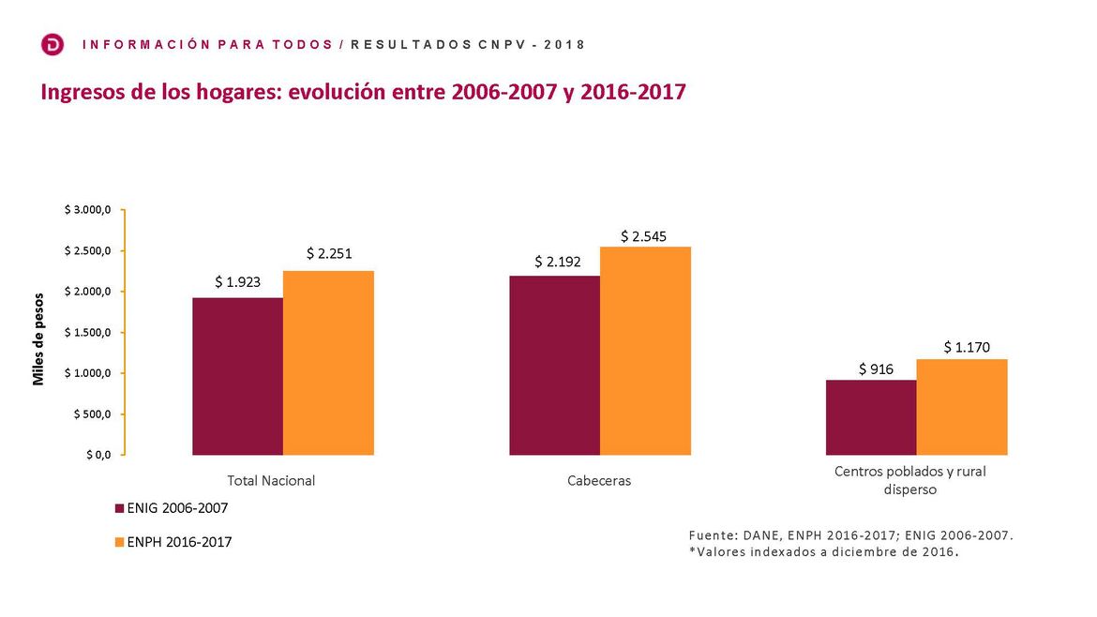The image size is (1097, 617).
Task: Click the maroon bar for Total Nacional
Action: coord(237,376)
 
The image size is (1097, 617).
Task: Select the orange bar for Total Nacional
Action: coord(328,363)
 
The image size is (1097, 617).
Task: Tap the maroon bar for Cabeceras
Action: coord(554,366)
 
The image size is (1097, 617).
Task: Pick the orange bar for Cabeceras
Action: coord(645,351)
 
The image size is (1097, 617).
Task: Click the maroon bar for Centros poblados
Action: coord(871,417)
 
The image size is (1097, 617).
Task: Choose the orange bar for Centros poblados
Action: coord(962,407)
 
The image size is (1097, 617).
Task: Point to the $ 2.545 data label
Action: coord(643,236)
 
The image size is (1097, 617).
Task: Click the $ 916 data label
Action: coord(876,369)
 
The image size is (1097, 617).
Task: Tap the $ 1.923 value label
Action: coord(237,281)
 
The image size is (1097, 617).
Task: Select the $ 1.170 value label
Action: coord(967,348)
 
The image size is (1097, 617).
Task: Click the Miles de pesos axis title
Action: coord(38,339)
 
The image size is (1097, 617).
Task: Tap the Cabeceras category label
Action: coord(599,481)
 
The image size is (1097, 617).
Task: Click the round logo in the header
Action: coord(53,44)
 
